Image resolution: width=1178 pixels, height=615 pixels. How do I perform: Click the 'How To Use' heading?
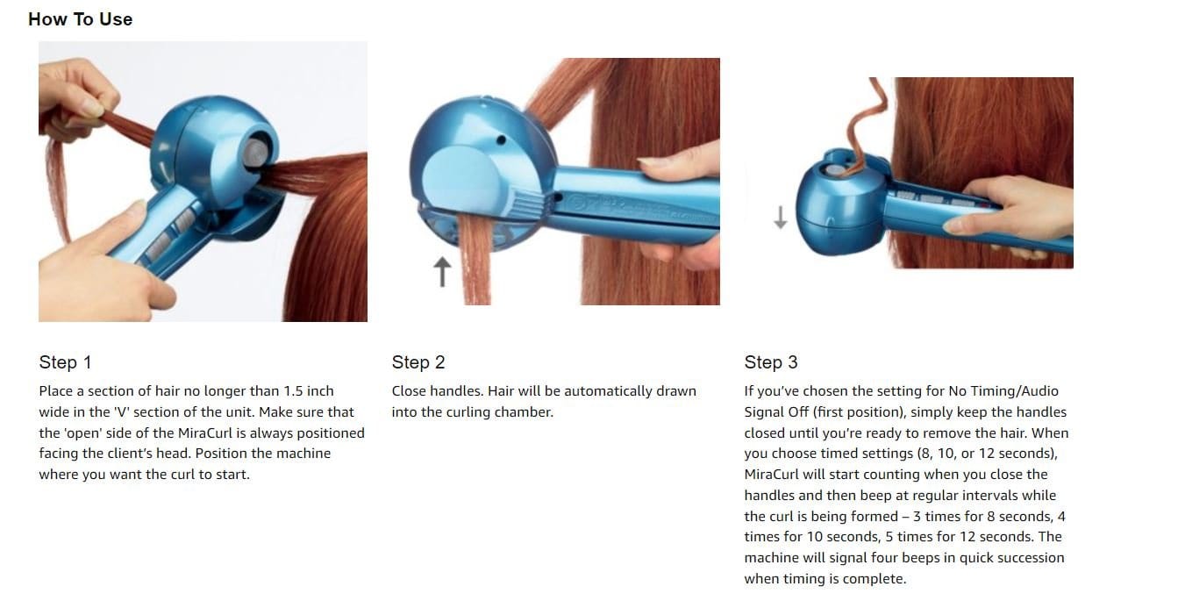coord(80,19)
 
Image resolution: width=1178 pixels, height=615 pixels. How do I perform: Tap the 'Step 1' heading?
coord(65,362)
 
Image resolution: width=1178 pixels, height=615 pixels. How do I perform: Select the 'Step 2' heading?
coord(418,362)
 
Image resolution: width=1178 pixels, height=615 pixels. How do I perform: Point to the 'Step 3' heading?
coord(771,362)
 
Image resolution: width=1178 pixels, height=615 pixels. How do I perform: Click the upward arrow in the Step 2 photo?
coord(442,271)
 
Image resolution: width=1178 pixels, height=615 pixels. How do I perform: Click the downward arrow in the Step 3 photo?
coord(781,218)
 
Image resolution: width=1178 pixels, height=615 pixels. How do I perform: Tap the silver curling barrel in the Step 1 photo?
coord(256,154)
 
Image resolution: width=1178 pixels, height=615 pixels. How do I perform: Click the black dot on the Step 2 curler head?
coord(501,140)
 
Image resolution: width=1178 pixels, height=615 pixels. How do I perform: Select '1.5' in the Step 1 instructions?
coord(294,391)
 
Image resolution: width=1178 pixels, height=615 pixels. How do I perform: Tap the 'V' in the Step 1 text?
coord(121,412)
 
